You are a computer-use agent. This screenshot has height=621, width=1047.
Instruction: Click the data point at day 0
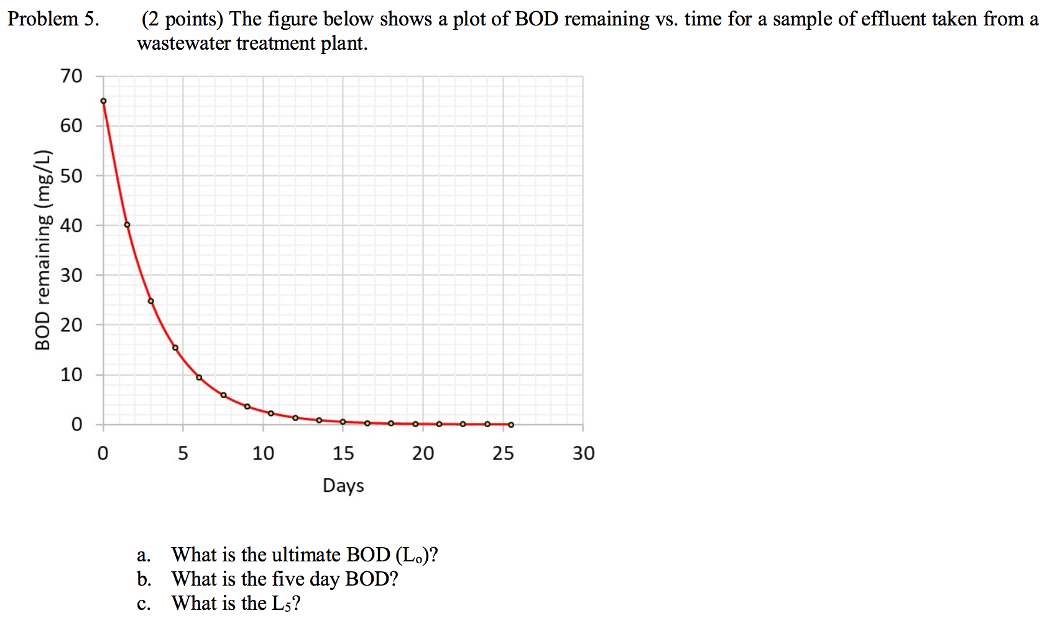(103, 101)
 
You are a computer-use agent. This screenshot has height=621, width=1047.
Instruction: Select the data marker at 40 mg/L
(127, 225)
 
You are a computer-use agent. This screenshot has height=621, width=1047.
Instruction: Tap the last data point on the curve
(511, 425)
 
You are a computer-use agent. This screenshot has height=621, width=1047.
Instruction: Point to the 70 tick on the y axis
(71, 76)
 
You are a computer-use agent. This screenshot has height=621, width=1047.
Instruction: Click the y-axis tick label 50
(71, 176)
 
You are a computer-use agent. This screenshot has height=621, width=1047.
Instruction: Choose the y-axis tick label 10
(71, 375)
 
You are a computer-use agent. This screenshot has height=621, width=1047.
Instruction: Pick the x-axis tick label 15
(343, 453)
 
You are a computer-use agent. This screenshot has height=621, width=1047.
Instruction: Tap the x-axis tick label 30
(583, 453)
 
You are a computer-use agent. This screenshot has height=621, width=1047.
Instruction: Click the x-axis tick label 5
(183, 453)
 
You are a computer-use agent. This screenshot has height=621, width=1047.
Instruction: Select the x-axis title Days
(343, 486)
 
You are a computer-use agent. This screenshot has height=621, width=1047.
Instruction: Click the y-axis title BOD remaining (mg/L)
(42, 250)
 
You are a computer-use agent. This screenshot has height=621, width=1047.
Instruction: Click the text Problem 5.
(53, 19)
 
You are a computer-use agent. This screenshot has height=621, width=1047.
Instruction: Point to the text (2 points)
(182, 19)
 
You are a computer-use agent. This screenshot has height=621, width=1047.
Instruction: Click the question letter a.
(144, 555)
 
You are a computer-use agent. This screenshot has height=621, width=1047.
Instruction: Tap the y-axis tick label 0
(76, 425)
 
